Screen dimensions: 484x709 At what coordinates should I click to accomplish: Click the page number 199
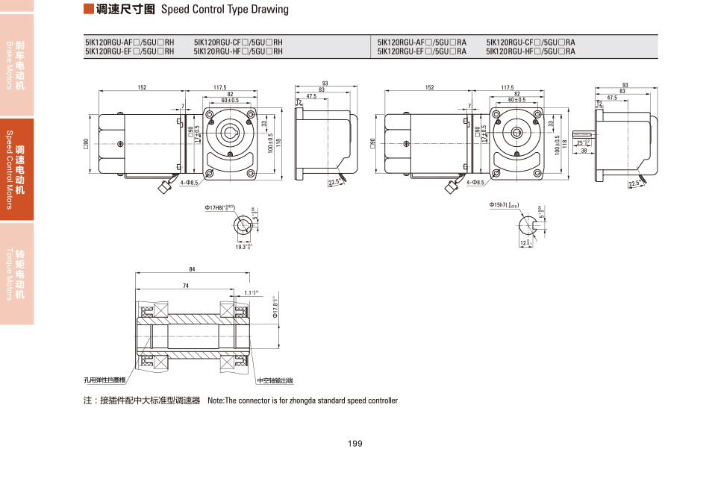pos(354,444)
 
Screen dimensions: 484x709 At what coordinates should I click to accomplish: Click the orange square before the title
pos(88,9)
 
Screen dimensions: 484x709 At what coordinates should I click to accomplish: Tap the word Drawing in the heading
pos(270,10)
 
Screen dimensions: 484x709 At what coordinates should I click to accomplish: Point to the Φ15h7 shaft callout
pos(504,204)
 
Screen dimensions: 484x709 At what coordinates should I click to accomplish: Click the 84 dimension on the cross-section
pos(193,269)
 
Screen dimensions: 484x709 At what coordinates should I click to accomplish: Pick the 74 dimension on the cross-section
pos(185,286)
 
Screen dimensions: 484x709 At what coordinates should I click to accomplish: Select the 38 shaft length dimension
pos(584,151)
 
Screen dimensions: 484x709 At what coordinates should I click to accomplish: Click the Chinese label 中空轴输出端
pos(275,381)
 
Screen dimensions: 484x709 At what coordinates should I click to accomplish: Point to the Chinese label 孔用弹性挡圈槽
pos(104,381)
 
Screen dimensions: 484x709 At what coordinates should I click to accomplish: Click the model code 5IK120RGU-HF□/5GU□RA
pos(531,51)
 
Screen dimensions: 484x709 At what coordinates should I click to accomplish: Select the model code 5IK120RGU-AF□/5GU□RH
pos(129,43)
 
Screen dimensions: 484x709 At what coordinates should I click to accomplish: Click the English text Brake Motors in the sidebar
pos(10,63)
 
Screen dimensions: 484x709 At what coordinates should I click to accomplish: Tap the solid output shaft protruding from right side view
pos(584,141)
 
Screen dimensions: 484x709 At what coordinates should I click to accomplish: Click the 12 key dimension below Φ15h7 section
pos(524,243)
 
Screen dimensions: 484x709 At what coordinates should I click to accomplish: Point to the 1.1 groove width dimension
pos(251,292)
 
